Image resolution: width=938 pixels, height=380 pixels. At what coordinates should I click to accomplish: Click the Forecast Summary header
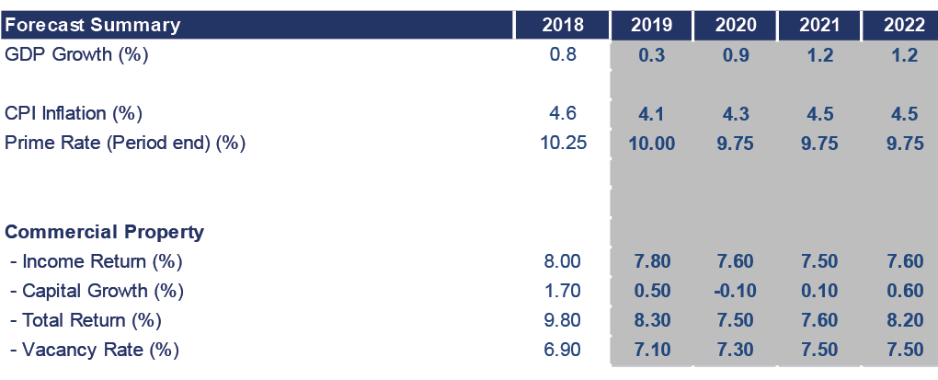click(92, 24)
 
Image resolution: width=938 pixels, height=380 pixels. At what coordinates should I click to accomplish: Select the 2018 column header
click(563, 24)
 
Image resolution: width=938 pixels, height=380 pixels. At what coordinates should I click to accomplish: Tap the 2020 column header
click(736, 24)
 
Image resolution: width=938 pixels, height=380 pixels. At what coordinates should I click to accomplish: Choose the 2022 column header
click(904, 24)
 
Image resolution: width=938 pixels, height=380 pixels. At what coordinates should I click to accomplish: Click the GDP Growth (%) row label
click(76, 54)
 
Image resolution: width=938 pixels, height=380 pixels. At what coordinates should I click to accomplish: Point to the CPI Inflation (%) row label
click(74, 113)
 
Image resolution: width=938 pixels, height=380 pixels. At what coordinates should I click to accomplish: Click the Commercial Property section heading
click(105, 232)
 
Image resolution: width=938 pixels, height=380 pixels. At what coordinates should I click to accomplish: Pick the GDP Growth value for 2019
click(652, 54)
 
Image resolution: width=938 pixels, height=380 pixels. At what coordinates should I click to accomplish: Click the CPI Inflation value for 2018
click(563, 113)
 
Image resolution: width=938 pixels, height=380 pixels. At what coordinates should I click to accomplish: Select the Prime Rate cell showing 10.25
click(563, 143)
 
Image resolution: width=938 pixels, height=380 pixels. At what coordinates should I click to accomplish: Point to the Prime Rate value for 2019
click(652, 143)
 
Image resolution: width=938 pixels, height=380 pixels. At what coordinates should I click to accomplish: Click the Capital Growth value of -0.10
click(736, 291)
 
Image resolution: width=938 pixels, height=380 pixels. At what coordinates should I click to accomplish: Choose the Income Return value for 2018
click(563, 261)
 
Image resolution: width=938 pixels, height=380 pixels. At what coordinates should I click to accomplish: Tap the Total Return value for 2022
click(904, 320)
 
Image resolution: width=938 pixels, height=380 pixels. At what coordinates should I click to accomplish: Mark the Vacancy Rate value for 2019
click(652, 350)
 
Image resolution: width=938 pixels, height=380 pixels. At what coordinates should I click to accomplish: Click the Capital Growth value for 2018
click(563, 291)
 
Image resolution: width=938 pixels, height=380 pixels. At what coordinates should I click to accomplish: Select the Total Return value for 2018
click(563, 320)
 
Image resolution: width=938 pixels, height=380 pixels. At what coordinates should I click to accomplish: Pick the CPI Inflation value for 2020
click(736, 113)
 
